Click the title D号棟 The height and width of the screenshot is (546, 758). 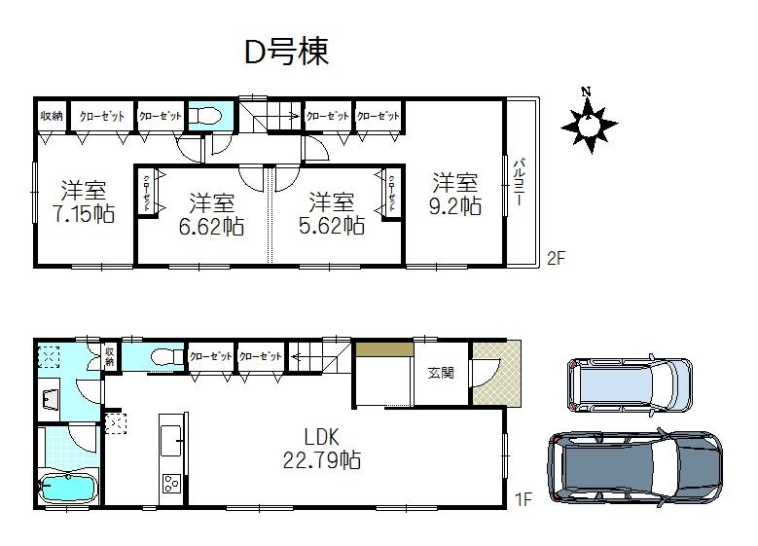pos(286,53)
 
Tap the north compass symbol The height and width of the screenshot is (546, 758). pos(589,123)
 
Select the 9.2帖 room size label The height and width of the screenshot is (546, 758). pos(455,195)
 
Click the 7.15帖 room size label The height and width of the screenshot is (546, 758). pos(86,200)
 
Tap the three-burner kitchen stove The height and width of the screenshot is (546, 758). pos(171,484)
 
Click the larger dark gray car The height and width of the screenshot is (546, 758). pos(634,464)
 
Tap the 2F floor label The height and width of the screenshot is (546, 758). pos(555,258)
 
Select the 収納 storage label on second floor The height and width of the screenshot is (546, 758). pos(52,116)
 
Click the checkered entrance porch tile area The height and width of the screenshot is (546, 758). pos(496,374)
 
